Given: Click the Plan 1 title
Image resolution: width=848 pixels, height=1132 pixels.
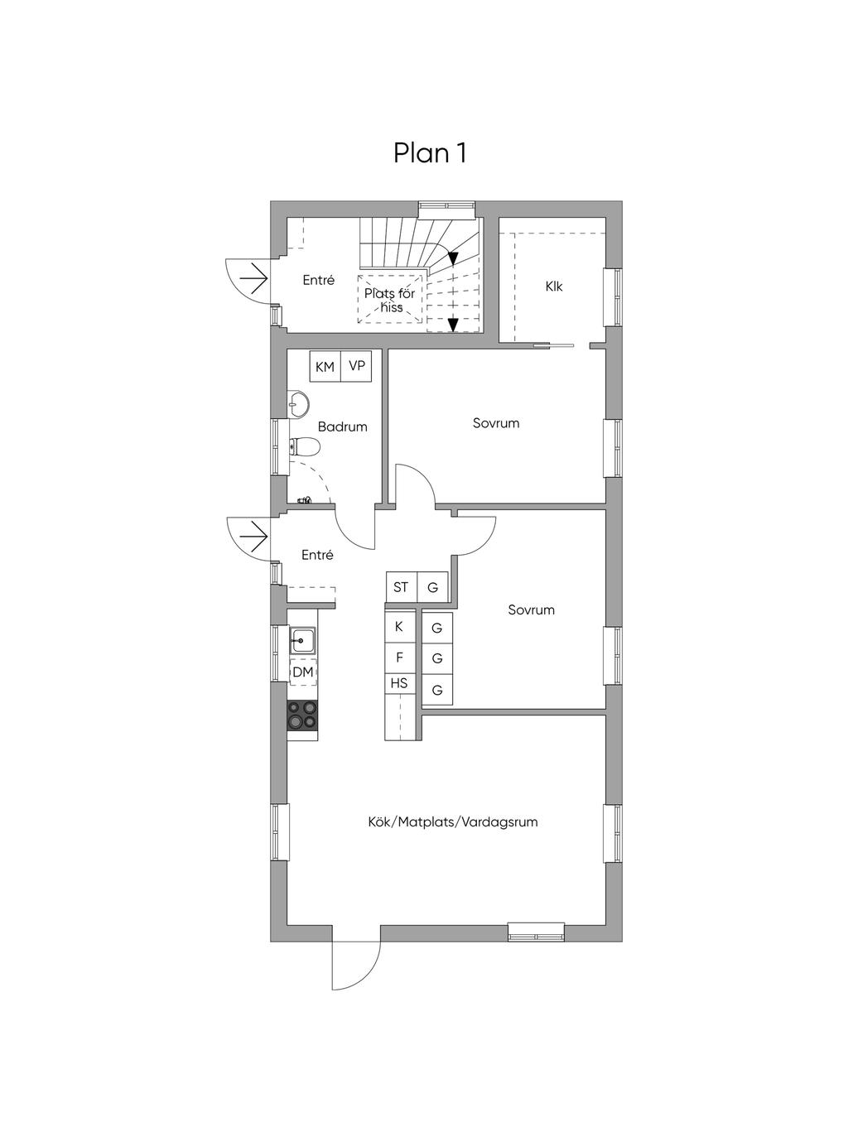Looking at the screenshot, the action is coord(430,153).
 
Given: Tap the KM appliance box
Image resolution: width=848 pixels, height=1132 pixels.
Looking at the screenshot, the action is coord(325,366).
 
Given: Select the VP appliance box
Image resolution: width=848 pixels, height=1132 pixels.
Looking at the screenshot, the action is coord(356,366).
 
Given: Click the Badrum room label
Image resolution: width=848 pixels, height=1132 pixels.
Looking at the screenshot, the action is coord(342,427).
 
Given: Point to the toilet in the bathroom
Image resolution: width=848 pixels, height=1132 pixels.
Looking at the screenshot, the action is coord(305,446).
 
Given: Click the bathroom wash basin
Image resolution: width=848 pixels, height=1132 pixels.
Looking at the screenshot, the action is coord(298,404).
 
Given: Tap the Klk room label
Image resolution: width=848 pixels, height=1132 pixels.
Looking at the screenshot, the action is coord(554,287).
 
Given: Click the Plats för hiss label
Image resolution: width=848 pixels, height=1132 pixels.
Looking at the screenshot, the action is coord(390,300).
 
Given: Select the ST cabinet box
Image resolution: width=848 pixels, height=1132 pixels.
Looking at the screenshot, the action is coord(401,587).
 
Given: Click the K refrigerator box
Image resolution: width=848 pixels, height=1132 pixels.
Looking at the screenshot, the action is coord(399,627).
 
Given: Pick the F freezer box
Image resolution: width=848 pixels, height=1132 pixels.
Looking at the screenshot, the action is coord(399,658).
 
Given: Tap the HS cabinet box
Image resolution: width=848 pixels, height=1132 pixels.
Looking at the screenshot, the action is coord(399,684).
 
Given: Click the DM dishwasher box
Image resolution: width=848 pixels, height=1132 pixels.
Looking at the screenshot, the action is coord(303,672).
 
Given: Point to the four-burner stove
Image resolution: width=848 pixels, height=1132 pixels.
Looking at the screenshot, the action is coord(302,715).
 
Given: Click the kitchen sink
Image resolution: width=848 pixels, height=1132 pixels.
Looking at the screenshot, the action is coord(302,641).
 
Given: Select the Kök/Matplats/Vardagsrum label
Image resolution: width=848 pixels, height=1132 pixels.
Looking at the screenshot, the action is coord(453,822).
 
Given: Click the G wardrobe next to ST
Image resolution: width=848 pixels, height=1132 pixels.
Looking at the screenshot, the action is coord(432,587).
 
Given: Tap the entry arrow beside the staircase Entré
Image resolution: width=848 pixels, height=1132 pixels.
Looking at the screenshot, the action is coord(253,279).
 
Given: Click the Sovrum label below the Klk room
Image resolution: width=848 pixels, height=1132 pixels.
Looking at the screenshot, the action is coord(496,423).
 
